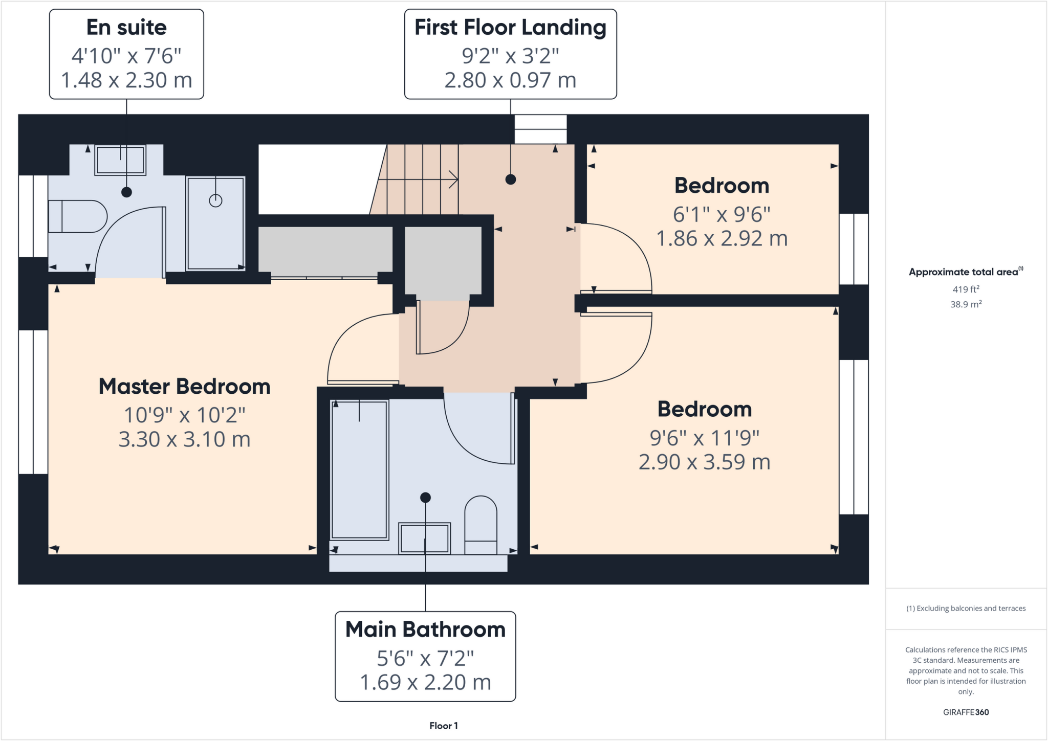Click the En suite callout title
tap(126, 28)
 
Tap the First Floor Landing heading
tap(510, 28)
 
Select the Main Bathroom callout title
tap(425, 630)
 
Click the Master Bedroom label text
tap(184, 387)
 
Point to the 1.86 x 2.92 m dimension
tap(722, 239)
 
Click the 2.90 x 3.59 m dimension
tap(704, 462)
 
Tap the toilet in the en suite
tap(77, 216)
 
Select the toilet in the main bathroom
tap(481, 524)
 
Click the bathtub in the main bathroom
tap(359, 469)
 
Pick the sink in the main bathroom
tap(424, 538)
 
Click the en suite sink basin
tap(120, 160)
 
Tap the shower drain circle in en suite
tap(215, 201)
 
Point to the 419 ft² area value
tap(966, 289)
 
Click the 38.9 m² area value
tap(966, 304)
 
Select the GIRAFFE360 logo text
tap(966, 712)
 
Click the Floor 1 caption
tap(443, 726)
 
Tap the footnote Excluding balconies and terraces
tap(966, 609)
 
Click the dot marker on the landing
tap(510, 179)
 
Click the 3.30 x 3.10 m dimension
tap(184, 440)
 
